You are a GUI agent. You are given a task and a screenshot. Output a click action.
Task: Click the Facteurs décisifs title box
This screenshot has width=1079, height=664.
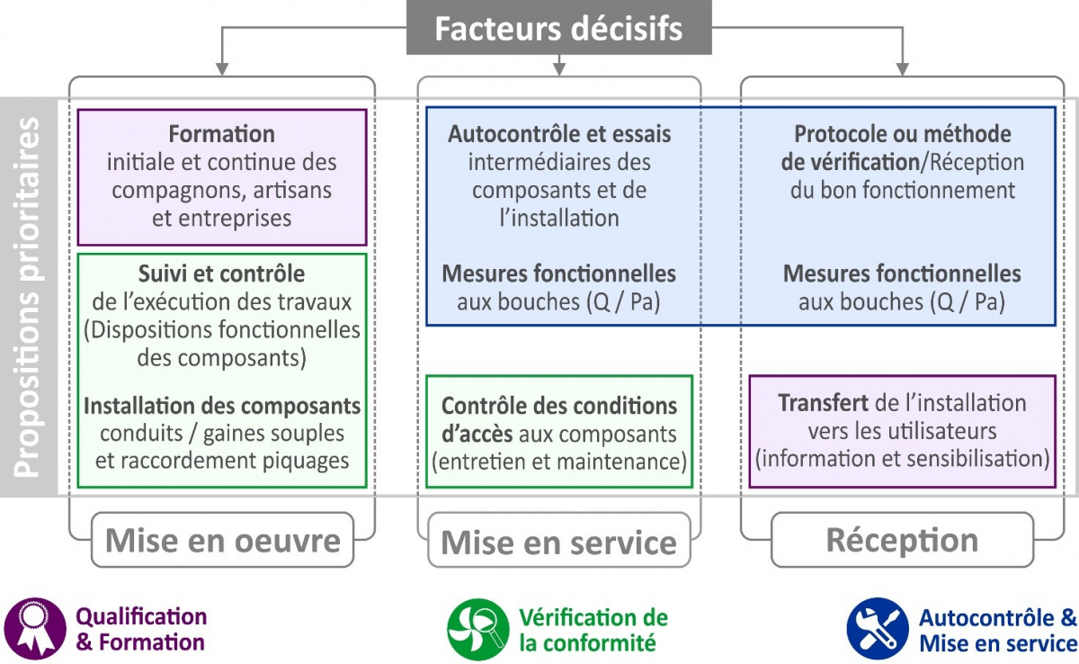(x=558, y=28)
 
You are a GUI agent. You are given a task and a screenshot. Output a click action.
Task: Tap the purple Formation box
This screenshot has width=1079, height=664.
(x=222, y=177)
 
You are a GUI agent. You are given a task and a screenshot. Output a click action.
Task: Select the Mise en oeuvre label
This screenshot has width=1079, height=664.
(x=222, y=540)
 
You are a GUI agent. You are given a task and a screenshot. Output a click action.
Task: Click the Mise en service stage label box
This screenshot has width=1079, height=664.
(x=558, y=542)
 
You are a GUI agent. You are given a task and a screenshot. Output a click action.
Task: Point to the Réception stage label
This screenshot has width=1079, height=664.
(x=901, y=540)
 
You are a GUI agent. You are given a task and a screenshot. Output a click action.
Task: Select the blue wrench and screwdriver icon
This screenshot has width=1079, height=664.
(x=877, y=628)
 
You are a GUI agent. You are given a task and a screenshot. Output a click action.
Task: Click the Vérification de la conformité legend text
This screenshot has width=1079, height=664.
(x=593, y=630)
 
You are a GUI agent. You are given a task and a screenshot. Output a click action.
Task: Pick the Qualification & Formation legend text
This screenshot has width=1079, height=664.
(x=141, y=630)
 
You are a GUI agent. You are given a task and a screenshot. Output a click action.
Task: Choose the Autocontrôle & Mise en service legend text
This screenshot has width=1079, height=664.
(x=997, y=630)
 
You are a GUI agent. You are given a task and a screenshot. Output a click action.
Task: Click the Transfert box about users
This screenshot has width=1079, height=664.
(x=902, y=431)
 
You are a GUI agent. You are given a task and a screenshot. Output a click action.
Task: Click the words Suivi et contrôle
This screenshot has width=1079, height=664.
(x=221, y=274)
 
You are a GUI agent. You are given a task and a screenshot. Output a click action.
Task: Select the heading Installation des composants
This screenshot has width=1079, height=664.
(x=222, y=406)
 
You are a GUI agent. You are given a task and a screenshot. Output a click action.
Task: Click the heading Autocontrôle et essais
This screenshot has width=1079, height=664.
(x=559, y=135)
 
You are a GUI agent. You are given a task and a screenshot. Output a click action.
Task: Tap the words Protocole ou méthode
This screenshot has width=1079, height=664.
(x=902, y=135)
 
